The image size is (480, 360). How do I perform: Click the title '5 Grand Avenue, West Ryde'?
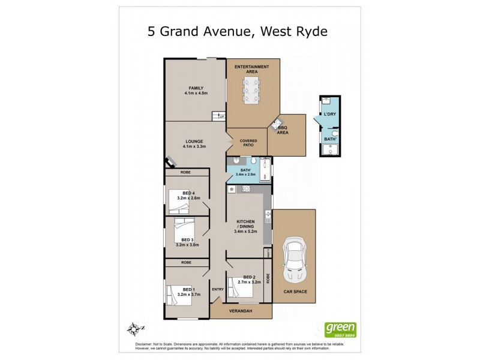point(238,31)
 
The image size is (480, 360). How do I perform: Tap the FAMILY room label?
point(196,91)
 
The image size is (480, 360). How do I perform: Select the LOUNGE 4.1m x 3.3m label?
point(196,143)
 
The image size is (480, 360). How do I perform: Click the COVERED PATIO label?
point(248,143)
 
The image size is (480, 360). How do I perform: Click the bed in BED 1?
point(179,294)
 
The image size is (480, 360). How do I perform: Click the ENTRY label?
point(217,289)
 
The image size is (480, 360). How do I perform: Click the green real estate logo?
point(340,329)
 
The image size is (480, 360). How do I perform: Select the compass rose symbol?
point(134,328)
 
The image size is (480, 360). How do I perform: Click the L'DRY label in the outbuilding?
point(329,114)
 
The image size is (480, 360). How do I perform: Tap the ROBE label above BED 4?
point(187,172)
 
